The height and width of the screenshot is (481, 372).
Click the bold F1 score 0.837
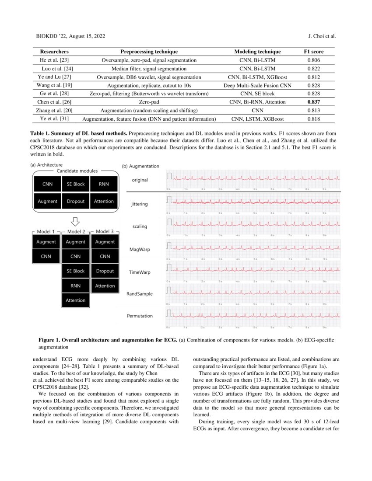click(313, 102)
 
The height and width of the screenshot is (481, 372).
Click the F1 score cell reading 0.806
click(313, 60)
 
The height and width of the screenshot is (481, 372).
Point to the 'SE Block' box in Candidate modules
click(76, 184)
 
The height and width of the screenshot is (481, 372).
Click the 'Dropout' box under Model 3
click(105, 271)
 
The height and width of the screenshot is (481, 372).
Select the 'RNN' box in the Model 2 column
click(76, 286)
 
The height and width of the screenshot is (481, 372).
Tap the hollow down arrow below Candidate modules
click(75, 221)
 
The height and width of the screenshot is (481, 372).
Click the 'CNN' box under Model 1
click(46, 256)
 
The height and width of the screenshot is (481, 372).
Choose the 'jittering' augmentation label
click(140, 204)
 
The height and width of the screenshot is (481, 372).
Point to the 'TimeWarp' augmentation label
click(140, 272)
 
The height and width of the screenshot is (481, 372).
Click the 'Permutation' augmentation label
click(140, 315)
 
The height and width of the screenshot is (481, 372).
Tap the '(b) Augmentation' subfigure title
click(141, 166)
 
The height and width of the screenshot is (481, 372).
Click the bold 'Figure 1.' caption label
click(50, 340)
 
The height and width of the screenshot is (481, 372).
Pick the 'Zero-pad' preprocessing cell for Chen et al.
click(149, 102)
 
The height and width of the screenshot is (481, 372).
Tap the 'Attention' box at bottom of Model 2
click(76, 300)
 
